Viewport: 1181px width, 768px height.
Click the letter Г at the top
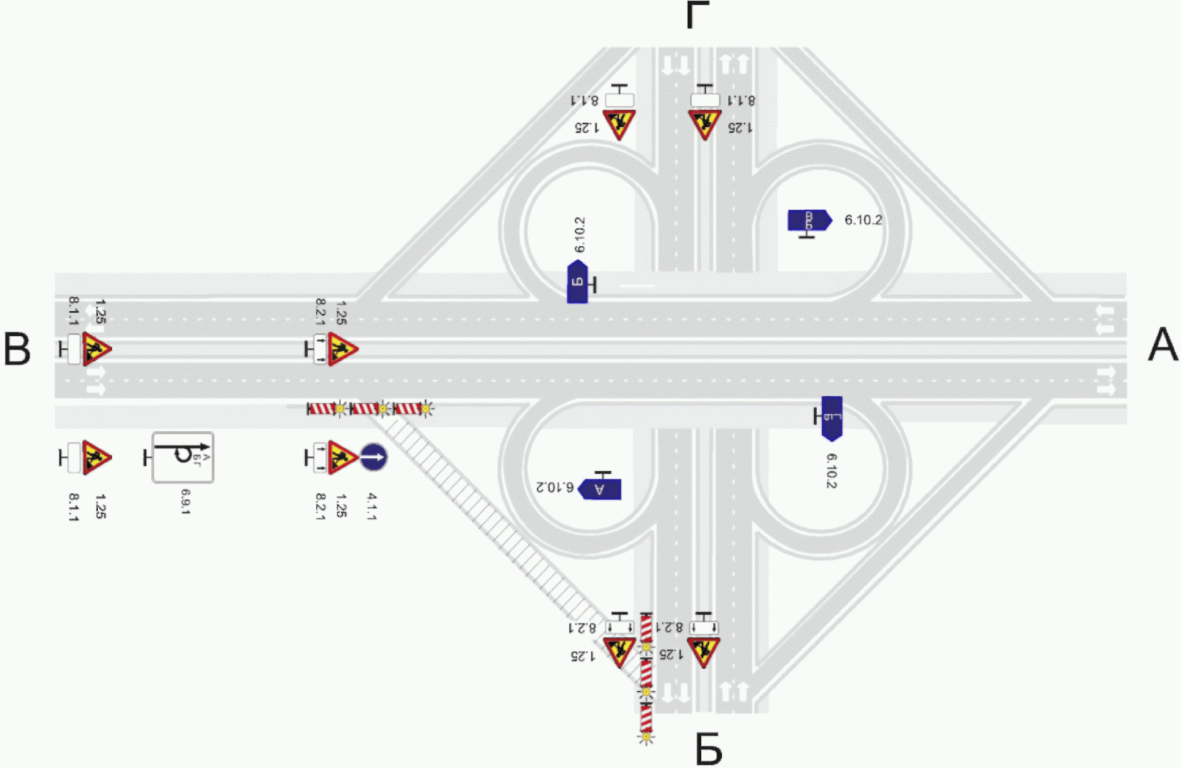[x=698, y=16]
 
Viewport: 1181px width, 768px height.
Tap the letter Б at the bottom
[x=708, y=749]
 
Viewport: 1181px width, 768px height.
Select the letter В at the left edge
[x=17, y=349]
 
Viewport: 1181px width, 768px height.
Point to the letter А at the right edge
[x=1162, y=345]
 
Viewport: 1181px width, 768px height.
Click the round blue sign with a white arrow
[x=373, y=457]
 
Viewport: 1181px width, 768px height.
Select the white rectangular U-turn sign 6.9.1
[x=183, y=457]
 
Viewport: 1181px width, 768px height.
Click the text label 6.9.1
[x=186, y=501]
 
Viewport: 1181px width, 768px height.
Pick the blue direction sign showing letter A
[x=600, y=489]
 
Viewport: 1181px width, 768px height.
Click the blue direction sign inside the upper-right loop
[x=809, y=220]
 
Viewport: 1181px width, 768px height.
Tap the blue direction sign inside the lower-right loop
[x=832, y=418]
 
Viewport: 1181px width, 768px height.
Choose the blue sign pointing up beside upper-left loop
[x=577, y=282]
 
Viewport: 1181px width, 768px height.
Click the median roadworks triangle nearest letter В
[x=96, y=349]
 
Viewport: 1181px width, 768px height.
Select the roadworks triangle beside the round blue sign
[x=341, y=457]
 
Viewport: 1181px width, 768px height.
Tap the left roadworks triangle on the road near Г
[x=619, y=123]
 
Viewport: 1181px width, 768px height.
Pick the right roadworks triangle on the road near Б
[x=704, y=651]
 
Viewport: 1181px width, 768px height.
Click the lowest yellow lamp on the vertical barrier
[x=646, y=736]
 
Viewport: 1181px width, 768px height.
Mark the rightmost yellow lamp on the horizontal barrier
[x=426, y=409]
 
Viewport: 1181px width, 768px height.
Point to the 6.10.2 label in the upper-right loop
[x=863, y=220]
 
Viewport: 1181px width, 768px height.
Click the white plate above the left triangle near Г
[x=619, y=100]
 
